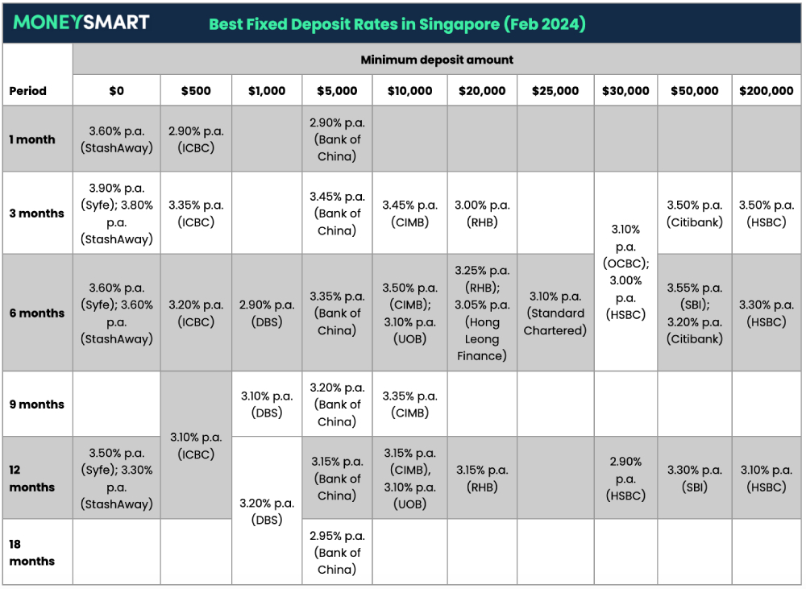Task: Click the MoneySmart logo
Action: tap(81, 23)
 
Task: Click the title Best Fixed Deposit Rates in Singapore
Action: tap(397, 23)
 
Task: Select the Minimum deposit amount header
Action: tap(437, 60)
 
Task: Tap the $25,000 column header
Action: tap(555, 91)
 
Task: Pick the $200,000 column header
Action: tap(766, 91)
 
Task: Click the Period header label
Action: tap(28, 91)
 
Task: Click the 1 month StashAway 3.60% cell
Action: tap(117, 139)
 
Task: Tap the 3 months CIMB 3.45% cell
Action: tap(409, 214)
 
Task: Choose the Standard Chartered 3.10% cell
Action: tap(555, 313)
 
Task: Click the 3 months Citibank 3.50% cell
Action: tap(695, 214)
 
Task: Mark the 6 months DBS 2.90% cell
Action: tap(267, 313)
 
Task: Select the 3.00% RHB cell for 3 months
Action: tap(481, 214)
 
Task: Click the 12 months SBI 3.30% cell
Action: tap(695, 479)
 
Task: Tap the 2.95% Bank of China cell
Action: tap(337, 553)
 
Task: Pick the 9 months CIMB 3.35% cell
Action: tap(409, 404)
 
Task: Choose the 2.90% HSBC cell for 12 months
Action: tap(625, 479)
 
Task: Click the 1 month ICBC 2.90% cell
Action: tap(196, 139)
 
